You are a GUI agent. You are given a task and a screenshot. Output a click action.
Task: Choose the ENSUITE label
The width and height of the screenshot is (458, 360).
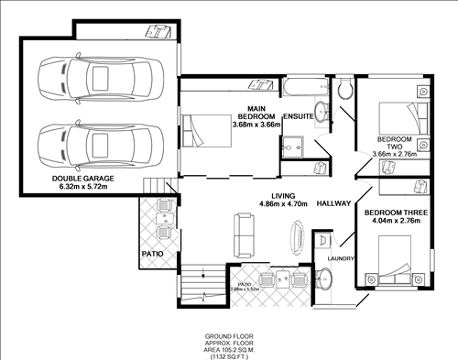pyautogui.click(x=299, y=118)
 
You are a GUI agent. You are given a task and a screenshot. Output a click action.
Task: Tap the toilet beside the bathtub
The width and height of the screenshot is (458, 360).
pyautogui.click(x=343, y=90)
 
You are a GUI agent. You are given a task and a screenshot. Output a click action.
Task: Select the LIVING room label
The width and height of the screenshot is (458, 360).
pyautogui.click(x=278, y=195)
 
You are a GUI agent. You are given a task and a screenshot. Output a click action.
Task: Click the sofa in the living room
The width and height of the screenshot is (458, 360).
pyautogui.click(x=245, y=235)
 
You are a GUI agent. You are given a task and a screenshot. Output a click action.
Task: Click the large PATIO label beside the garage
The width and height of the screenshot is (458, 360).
pyautogui.click(x=152, y=251)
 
